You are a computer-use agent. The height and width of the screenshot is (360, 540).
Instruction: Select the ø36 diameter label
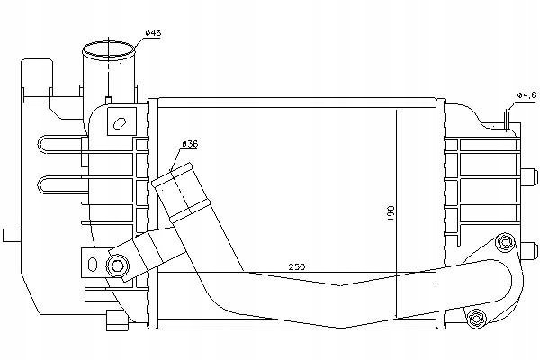(x=190, y=145)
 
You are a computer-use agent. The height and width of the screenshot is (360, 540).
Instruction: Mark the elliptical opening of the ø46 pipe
(x=105, y=48)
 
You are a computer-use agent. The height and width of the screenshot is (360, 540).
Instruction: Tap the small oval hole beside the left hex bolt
(x=90, y=263)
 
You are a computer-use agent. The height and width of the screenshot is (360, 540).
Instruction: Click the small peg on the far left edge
(x=10, y=236)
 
